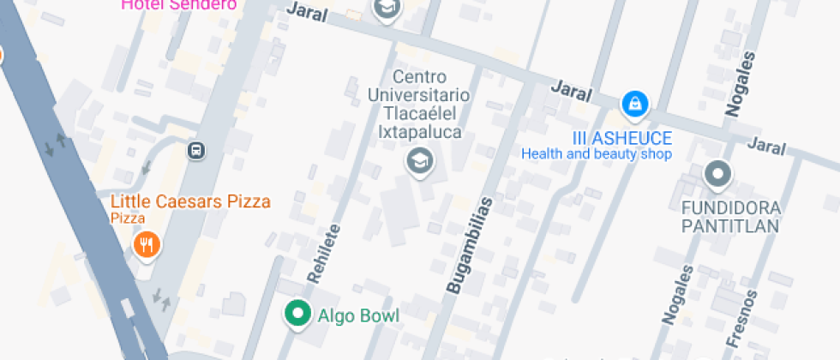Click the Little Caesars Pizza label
pyautogui.click(x=190, y=202)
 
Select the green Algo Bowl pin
pyautogui.click(x=298, y=315)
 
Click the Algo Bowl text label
pyautogui.click(x=358, y=315)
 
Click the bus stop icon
pyautogui.click(x=196, y=151)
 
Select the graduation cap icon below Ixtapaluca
pyautogui.click(x=419, y=159)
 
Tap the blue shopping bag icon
pyautogui.click(x=634, y=105)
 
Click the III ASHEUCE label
pyautogui.click(x=622, y=138)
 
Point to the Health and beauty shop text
pyautogui.click(x=597, y=154)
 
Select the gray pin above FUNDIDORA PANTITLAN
pyautogui.click(x=717, y=175)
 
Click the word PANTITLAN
pyautogui.click(x=730, y=226)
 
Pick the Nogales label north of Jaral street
pyautogui.click(x=741, y=83)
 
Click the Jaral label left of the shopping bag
pyautogui.click(x=572, y=88)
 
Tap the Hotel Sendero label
pyautogui.click(x=178, y=4)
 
